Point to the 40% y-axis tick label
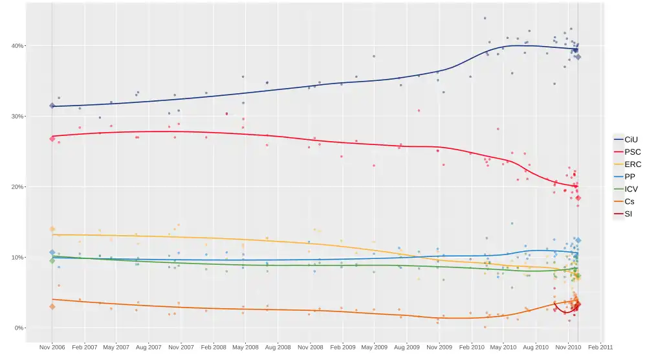pyautogui.click(x=17, y=46)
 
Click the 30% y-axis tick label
pyautogui.click(x=17, y=117)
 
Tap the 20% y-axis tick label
pyautogui.click(x=17, y=187)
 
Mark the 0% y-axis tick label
pyautogui.click(x=19, y=328)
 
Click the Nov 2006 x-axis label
pyautogui.click(x=52, y=348)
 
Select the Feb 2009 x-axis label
pyautogui.click(x=343, y=348)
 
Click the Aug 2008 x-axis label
pyautogui.click(x=278, y=348)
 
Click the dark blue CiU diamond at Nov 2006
pyautogui.click(x=52, y=106)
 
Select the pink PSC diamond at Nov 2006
pyautogui.click(x=52, y=139)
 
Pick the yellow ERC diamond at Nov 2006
pyautogui.click(x=52, y=229)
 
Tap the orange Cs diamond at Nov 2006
pyautogui.click(x=52, y=306)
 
